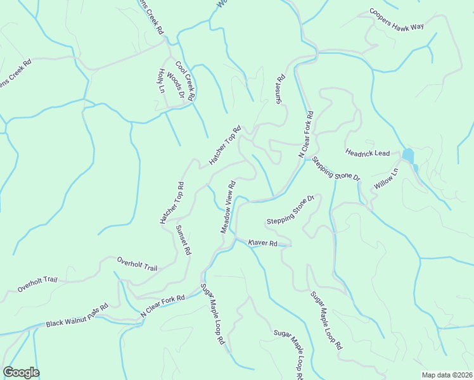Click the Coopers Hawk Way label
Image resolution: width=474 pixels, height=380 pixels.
point(405,21)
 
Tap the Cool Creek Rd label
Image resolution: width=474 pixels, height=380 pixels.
point(186,80)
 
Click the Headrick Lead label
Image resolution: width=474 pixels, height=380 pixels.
point(368,153)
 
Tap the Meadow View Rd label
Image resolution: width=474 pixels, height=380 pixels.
point(228,207)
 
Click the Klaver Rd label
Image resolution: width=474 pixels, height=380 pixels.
point(263,243)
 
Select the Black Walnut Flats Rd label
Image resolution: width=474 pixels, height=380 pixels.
point(77,316)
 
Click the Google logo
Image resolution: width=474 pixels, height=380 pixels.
point(21,372)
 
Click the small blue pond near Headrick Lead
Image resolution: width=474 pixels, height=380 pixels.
point(408,156)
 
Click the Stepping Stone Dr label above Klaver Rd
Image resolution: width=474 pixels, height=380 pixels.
point(291,211)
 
